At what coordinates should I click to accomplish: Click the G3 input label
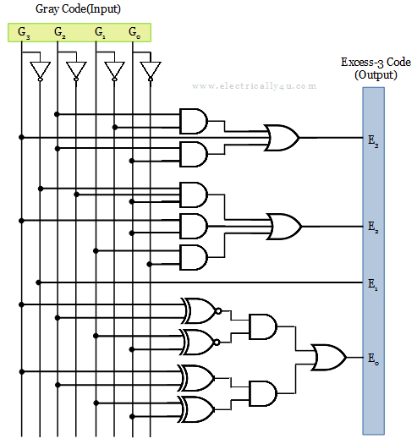24,33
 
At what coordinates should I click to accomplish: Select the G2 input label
60,33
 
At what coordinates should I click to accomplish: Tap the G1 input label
100,33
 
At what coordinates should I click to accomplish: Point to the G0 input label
134,33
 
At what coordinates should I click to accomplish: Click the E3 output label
373,141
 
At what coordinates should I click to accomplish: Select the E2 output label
373,227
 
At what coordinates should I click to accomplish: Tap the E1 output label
372,284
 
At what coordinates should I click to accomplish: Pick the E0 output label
373,359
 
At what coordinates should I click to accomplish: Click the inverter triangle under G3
41,71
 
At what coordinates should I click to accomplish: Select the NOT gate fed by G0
151,71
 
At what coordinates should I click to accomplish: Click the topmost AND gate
194,121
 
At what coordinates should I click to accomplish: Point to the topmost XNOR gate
200,310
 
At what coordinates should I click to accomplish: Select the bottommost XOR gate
196,409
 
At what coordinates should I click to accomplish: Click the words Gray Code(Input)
78,9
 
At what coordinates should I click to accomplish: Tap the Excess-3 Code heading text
376,62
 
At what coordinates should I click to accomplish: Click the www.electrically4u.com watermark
254,86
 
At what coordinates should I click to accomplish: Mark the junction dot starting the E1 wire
39,282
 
